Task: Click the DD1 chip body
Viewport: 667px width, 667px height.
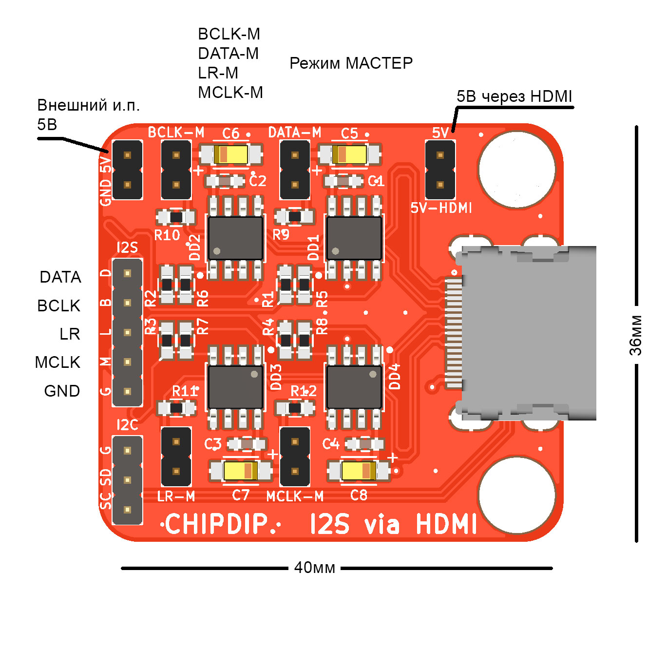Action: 354,238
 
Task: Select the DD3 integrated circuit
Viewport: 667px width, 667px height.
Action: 235,387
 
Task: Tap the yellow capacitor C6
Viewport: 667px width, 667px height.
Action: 230,154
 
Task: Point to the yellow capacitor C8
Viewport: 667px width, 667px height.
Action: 359,471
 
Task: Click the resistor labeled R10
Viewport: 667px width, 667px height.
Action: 176,217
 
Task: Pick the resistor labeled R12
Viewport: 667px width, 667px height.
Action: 295,407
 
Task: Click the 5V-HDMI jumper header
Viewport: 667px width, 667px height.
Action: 440,170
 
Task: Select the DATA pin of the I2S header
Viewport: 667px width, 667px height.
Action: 128,274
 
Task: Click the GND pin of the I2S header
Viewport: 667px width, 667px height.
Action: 128,391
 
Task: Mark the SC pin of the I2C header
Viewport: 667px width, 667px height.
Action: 128,510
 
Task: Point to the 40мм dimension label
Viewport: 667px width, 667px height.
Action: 314,568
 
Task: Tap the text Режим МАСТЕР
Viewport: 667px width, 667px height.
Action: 351,63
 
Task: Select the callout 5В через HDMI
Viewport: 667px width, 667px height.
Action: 514,96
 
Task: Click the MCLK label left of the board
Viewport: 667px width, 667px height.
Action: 57,362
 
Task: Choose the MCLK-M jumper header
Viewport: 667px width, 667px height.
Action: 295,457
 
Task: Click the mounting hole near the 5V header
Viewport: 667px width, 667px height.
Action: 516,169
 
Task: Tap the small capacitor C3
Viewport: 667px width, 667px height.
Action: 247,444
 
